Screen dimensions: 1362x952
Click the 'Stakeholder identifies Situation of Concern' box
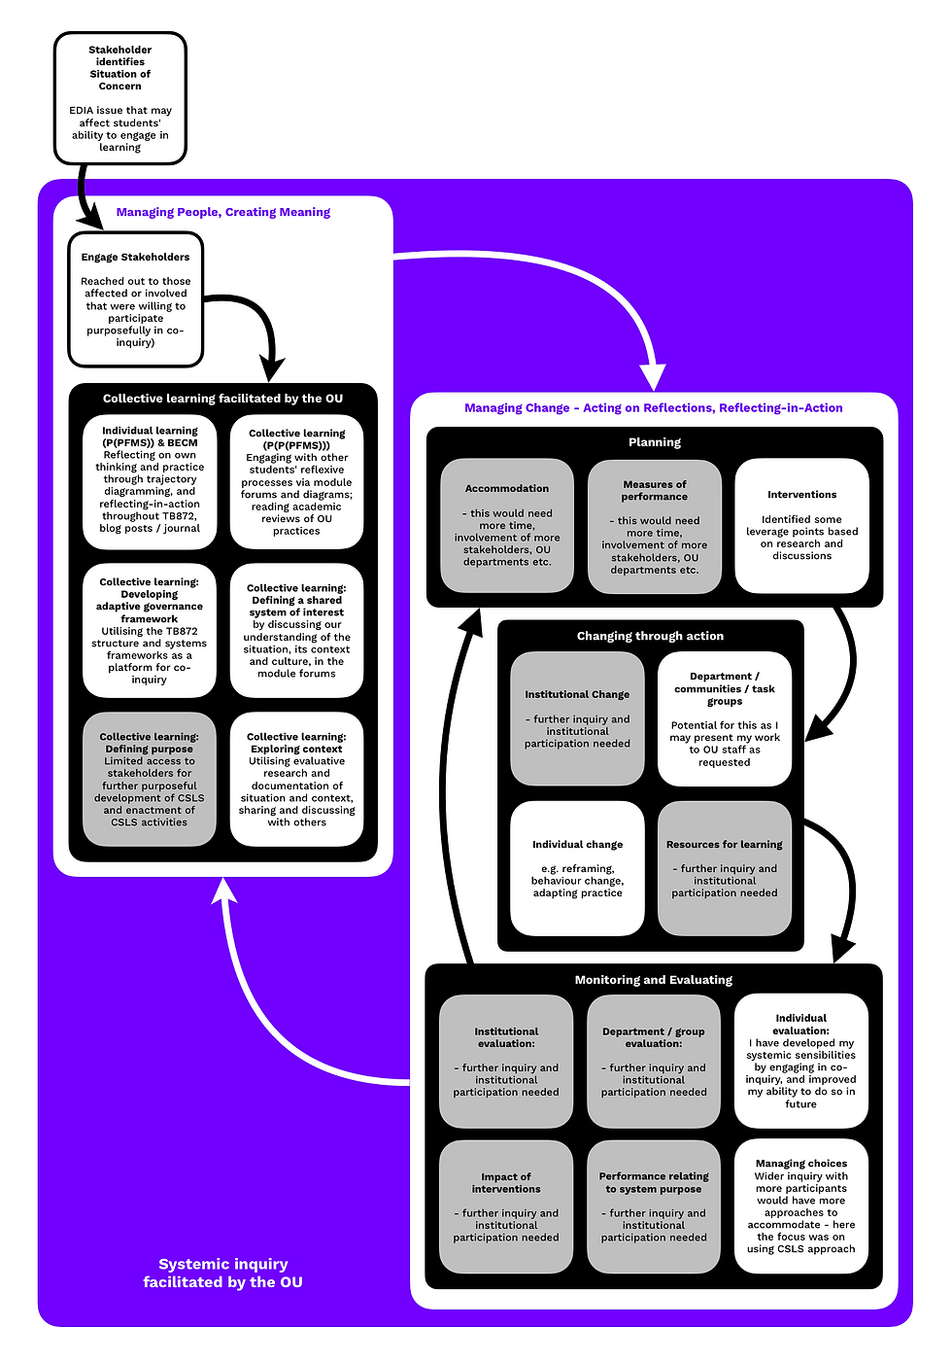point(119,97)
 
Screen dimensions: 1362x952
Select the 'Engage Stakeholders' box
point(136,299)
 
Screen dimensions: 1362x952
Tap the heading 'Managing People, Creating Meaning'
point(222,212)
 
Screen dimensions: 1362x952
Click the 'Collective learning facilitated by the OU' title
point(222,399)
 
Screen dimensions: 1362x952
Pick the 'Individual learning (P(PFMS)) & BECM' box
point(150,481)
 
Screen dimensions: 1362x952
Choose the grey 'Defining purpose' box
point(150,779)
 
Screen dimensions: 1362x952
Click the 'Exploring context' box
point(296,779)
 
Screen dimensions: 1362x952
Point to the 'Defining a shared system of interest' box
point(296,630)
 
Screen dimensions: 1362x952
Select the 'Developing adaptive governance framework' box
point(150,630)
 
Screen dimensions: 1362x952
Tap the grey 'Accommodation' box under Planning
point(507,525)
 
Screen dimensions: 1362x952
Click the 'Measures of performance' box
point(654,525)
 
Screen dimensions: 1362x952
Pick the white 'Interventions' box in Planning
point(801,525)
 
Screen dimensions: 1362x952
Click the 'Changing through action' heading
point(650,636)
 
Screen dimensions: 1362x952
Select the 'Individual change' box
point(577,868)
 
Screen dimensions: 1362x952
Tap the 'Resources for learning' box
point(725,868)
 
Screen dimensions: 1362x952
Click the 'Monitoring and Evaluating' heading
point(653,980)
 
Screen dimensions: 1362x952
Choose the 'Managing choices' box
point(800,1205)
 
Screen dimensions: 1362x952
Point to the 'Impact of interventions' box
point(506,1205)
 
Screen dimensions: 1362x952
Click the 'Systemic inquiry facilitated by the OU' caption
point(222,1273)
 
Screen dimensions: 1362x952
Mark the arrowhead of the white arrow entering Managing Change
point(653,378)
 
